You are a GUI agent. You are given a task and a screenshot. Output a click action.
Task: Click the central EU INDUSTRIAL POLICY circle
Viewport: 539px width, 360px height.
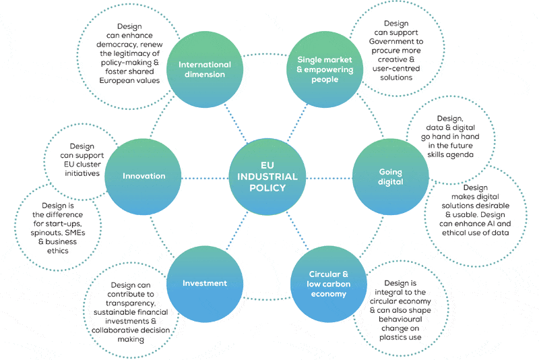268,177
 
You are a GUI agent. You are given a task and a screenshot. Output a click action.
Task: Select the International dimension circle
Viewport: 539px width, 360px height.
205,69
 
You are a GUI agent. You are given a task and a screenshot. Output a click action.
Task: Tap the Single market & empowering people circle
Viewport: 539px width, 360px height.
325,69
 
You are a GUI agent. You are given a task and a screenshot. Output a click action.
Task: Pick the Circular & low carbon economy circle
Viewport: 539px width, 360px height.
328,284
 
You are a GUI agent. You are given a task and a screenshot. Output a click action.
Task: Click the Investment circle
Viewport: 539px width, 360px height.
205,283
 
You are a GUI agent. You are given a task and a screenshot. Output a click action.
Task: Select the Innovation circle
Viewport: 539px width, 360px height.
144,177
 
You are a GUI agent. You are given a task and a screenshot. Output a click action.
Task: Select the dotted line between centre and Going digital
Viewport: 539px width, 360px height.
330,177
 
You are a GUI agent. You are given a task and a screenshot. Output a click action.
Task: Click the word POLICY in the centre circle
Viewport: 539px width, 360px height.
267,188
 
